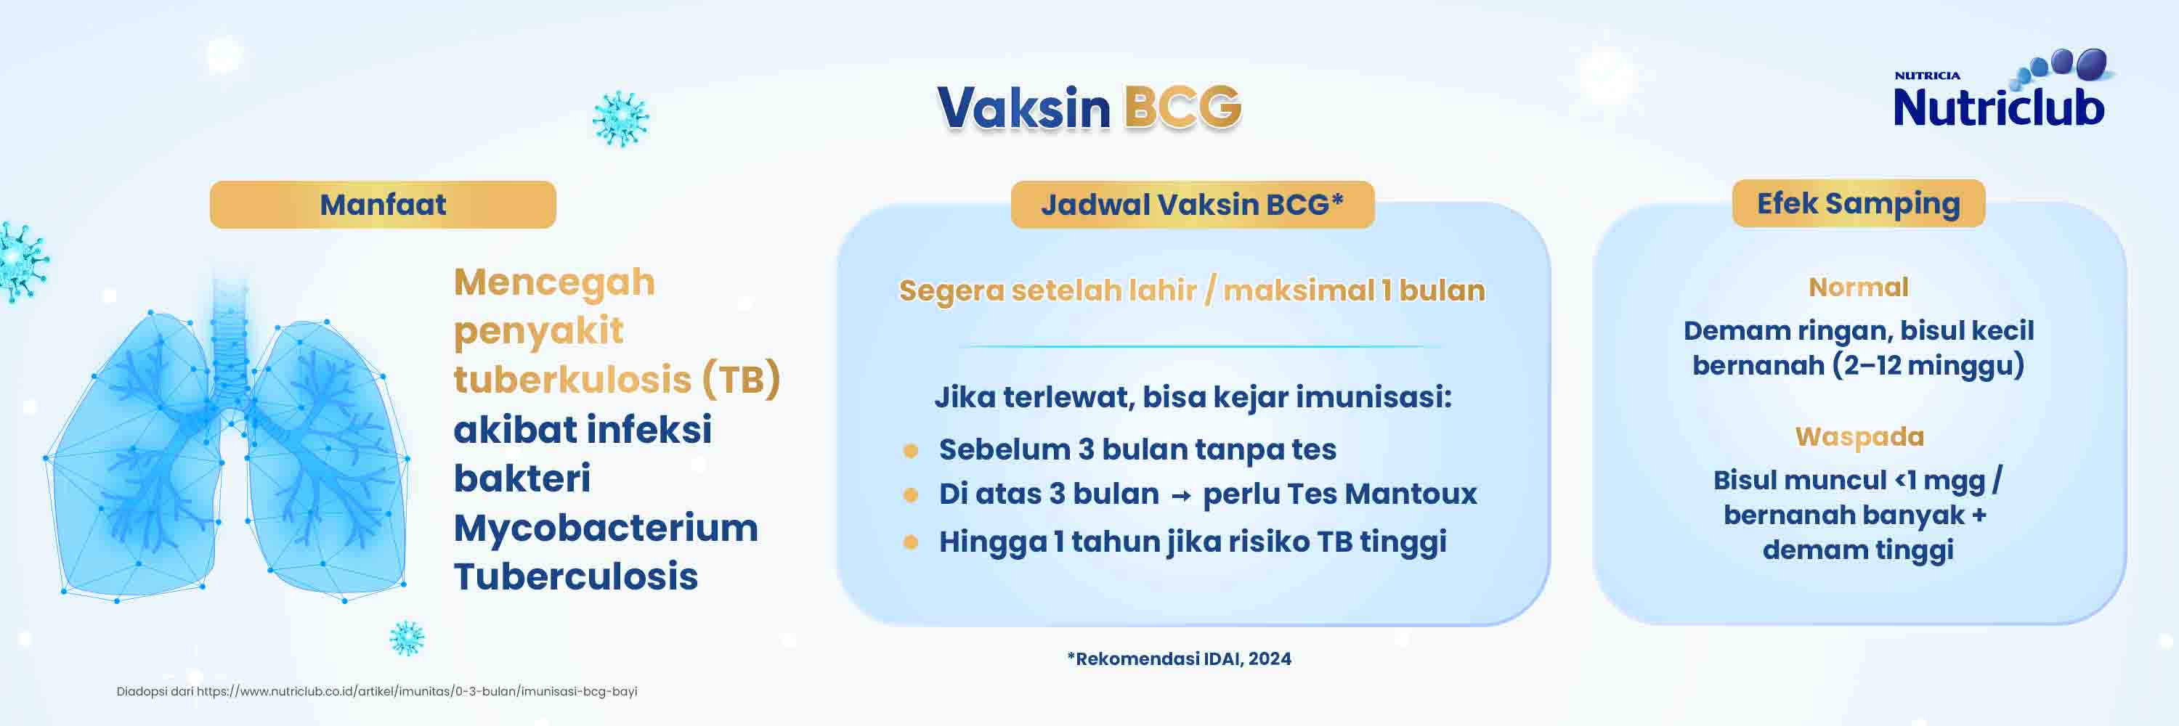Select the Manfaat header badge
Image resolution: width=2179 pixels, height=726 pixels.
click(382, 205)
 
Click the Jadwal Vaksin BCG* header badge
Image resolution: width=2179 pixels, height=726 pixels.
click(1192, 205)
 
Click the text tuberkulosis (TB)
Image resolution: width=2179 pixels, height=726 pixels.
click(616, 380)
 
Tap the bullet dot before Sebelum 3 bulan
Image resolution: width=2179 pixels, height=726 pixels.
click(910, 450)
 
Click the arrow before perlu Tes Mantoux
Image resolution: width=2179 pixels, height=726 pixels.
click(1181, 496)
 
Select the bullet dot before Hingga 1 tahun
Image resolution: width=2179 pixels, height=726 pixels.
click(910, 542)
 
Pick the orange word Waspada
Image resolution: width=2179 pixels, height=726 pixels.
click(1859, 436)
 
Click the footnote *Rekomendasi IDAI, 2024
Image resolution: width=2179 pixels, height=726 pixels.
click(1179, 658)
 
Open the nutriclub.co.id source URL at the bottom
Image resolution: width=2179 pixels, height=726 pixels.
click(417, 691)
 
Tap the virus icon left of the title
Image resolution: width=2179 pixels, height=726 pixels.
click(620, 118)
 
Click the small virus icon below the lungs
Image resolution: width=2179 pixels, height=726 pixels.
click(406, 638)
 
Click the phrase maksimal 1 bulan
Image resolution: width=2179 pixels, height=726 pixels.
click(1353, 290)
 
